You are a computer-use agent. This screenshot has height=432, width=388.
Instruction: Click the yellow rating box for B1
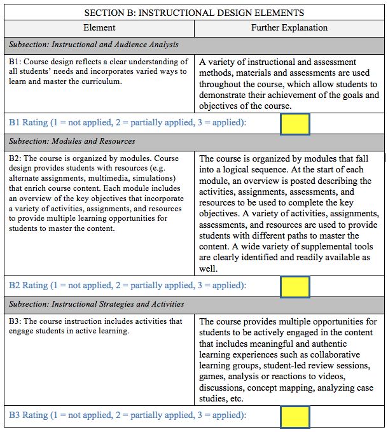coord(295,123)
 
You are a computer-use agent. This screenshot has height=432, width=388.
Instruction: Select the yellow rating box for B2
coord(295,286)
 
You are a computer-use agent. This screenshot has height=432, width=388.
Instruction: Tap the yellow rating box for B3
coord(295,417)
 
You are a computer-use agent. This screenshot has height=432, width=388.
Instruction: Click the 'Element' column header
coord(99,28)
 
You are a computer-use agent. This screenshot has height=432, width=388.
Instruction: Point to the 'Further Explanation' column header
coord(289,28)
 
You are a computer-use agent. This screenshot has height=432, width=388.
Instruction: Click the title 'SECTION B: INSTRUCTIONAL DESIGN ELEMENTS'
coord(194,13)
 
